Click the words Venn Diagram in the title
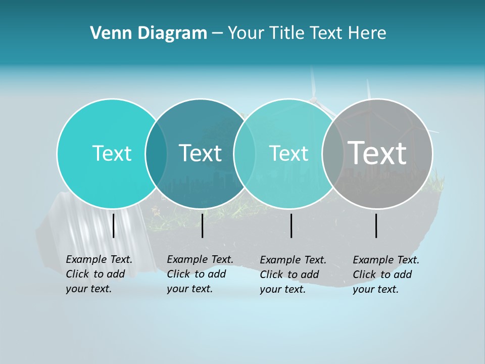pyautogui.click(x=149, y=33)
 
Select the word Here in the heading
pyautogui.click(x=367, y=33)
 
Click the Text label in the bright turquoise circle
pyautogui.click(x=112, y=153)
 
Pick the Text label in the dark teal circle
pyautogui.click(x=200, y=153)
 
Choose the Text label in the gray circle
pyautogui.click(x=377, y=153)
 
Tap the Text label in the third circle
pyautogui.click(x=288, y=153)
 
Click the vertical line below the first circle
pyautogui.click(x=114, y=225)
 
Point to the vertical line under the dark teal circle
pyautogui.click(x=202, y=225)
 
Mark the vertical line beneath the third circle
pyautogui.click(x=292, y=225)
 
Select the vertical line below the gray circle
pyautogui.click(x=376, y=225)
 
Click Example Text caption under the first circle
pyautogui.click(x=99, y=274)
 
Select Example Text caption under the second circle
pyautogui.click(x=200, y=274)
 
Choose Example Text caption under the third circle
pyautogui.click(x=293, y=275)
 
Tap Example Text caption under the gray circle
pyautogui.click(x=386, y=275)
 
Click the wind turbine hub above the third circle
pyautogui.click(x=315, y=99)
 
